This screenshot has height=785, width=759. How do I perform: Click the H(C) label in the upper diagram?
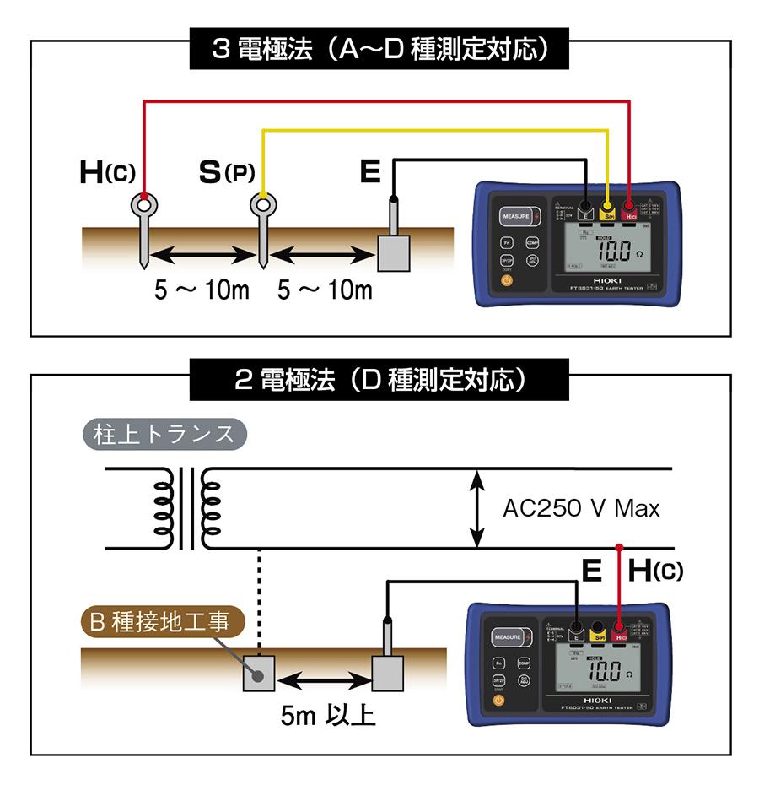(x=106, y=172)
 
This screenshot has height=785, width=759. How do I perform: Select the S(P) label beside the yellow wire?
(x=226, y=172)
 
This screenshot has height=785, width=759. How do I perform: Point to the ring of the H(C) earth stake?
(x=144, y=204)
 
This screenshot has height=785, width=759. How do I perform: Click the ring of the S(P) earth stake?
(x=263, y=204)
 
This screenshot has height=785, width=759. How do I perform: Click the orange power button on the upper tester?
(x=506, y=279)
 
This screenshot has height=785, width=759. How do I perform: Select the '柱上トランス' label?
(x=164, y=435)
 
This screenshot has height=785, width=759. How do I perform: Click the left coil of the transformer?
(x=164, y=508)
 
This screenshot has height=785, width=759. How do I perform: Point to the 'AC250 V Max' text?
(x=581, y=508)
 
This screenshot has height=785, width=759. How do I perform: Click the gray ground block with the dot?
(x=260, y=674)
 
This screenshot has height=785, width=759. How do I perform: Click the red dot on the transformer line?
(x=620, y=547)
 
